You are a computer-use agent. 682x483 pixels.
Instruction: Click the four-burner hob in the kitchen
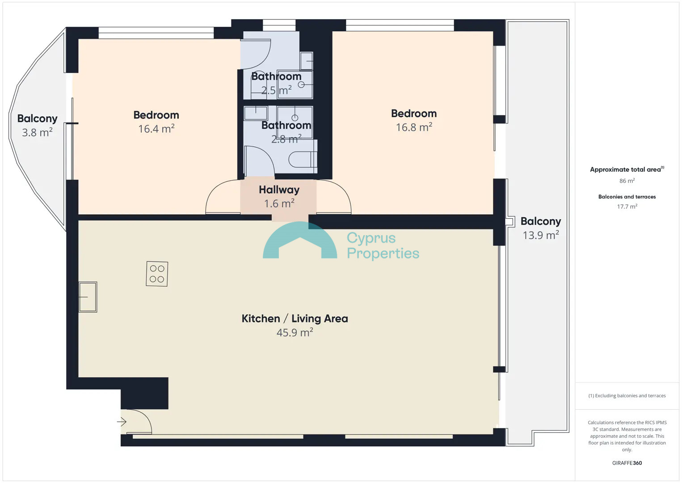(157, 274)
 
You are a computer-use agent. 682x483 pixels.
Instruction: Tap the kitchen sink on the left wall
(88, 297)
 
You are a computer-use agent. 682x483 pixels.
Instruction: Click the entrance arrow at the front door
(122, 422)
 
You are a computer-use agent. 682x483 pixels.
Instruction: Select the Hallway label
(279, 190)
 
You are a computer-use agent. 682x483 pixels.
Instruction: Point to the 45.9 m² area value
(295, 332)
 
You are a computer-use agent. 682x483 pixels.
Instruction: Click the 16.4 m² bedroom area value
(156, 129)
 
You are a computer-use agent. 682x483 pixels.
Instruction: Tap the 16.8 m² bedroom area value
(414, 127)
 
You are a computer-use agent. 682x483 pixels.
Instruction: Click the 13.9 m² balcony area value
(541, 235)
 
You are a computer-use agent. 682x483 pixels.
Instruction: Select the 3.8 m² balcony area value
(37, 132)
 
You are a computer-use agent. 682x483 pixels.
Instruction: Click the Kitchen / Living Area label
(295, 318)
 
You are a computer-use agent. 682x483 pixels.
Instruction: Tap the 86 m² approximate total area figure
(627, 181)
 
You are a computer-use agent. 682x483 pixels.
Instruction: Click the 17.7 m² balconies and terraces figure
(627, 206)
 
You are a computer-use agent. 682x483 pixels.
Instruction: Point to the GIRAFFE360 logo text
(627, 463)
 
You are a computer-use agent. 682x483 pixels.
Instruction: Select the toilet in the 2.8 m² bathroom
(303, 159)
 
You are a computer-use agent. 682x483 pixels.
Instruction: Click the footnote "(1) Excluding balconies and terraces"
(627, 395)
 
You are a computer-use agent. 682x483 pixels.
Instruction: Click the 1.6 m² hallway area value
(279, 203)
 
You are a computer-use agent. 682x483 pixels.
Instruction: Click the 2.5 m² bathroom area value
(277, 90)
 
